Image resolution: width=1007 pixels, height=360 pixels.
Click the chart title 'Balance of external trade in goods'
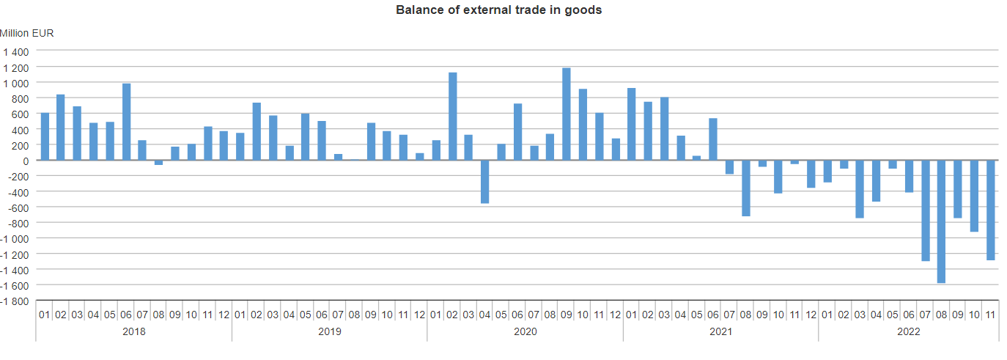click(498, 10)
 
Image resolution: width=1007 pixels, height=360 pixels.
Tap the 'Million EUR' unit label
click(27, 33)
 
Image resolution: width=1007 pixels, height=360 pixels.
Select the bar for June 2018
click(126, 122)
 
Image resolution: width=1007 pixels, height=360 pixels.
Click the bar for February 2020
click(453, 116)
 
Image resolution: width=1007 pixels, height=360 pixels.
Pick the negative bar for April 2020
click(485, 182)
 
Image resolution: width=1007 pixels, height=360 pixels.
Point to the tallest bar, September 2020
click(567, 114)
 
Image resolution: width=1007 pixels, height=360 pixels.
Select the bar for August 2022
click(941, 221)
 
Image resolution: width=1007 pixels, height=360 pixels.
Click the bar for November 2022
click(990, 210)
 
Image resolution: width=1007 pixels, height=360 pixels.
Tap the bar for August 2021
click(746, 188)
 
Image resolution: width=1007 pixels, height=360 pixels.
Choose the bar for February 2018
click(61, 128)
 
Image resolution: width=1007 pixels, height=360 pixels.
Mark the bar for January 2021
click(632, 124)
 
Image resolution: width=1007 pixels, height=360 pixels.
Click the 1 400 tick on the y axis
click(15, 52)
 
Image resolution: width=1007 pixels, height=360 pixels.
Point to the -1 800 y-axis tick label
click(15, 301)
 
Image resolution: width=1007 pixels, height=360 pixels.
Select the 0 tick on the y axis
click(26, 161)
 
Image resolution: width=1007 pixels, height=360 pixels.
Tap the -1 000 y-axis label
click(15, 239)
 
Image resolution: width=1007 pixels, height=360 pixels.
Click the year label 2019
click(330, 331)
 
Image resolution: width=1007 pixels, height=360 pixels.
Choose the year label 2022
click(909, 331)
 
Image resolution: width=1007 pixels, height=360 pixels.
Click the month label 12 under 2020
click(615, 315)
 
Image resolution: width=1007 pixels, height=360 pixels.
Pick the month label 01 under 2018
click(44, 315)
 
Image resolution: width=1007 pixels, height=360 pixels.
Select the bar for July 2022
click(925, 210)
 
